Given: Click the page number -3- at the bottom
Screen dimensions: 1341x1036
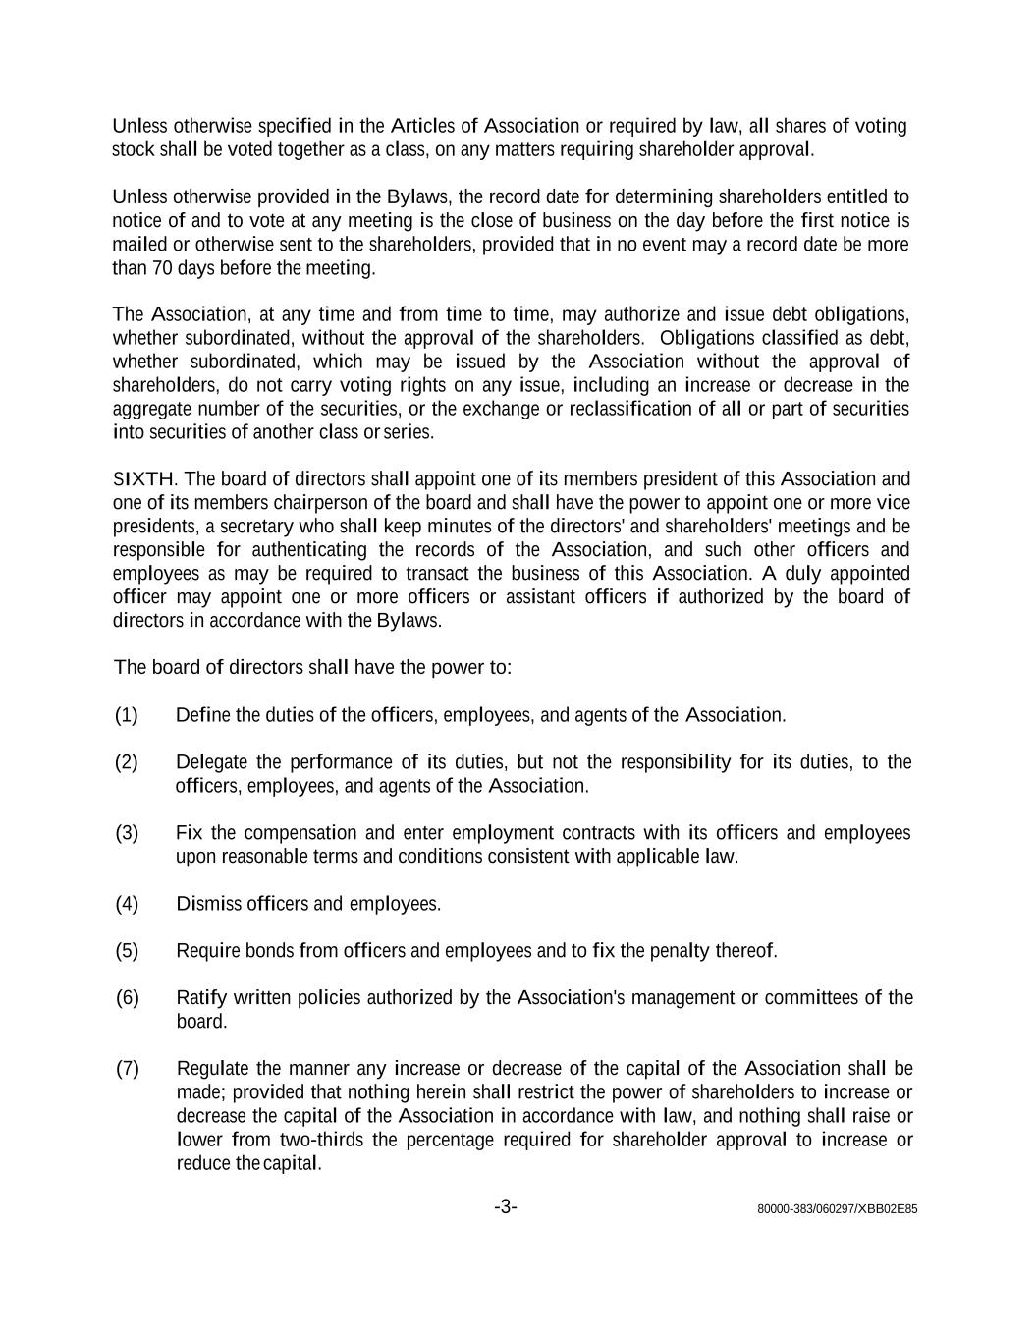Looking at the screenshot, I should [x=506, y=1206].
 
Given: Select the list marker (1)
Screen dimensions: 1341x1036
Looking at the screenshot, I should [x=127, y=715].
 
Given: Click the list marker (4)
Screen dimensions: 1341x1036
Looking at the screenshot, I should [x=127, y=904].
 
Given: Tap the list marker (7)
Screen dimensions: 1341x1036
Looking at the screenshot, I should [x=128, y=1069].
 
